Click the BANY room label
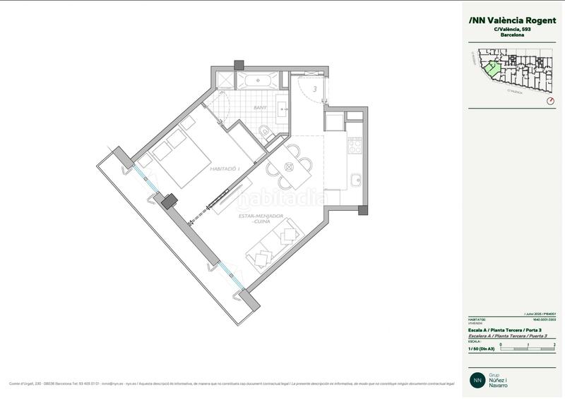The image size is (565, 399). tap(261, 109)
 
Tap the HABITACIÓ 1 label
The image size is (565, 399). tap(226, 169)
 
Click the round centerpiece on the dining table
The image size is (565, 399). tap(288, 166)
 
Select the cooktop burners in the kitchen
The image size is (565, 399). tap(355, 146)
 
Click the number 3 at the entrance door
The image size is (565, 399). tap(314, 90)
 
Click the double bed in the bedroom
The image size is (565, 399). tap(178, 156)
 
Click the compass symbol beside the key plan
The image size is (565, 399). tap(550, 101)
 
